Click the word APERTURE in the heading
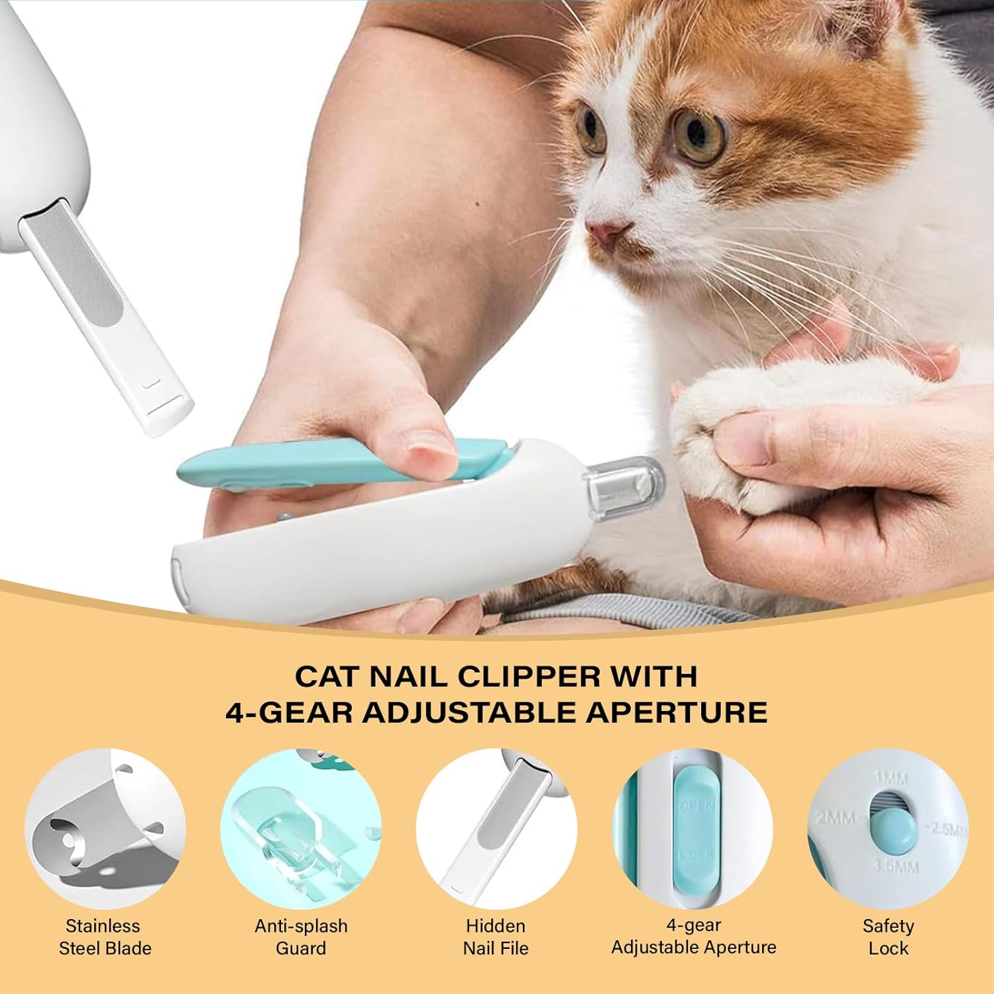click(x=677, y=712)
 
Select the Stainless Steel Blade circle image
click(x=105, y=829)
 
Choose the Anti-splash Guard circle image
click(x=301, y=829)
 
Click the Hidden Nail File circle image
click(x=496, y=829)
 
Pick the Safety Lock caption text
click(x=888, y=936)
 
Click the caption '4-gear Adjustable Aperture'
click(x=693, y=936)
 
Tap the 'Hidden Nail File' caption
click(x=496, y=936)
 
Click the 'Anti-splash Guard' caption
click(x=301, y=936)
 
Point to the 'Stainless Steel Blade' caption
click(x=105, y=936)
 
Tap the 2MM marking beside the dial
click(x=836, y=818)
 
